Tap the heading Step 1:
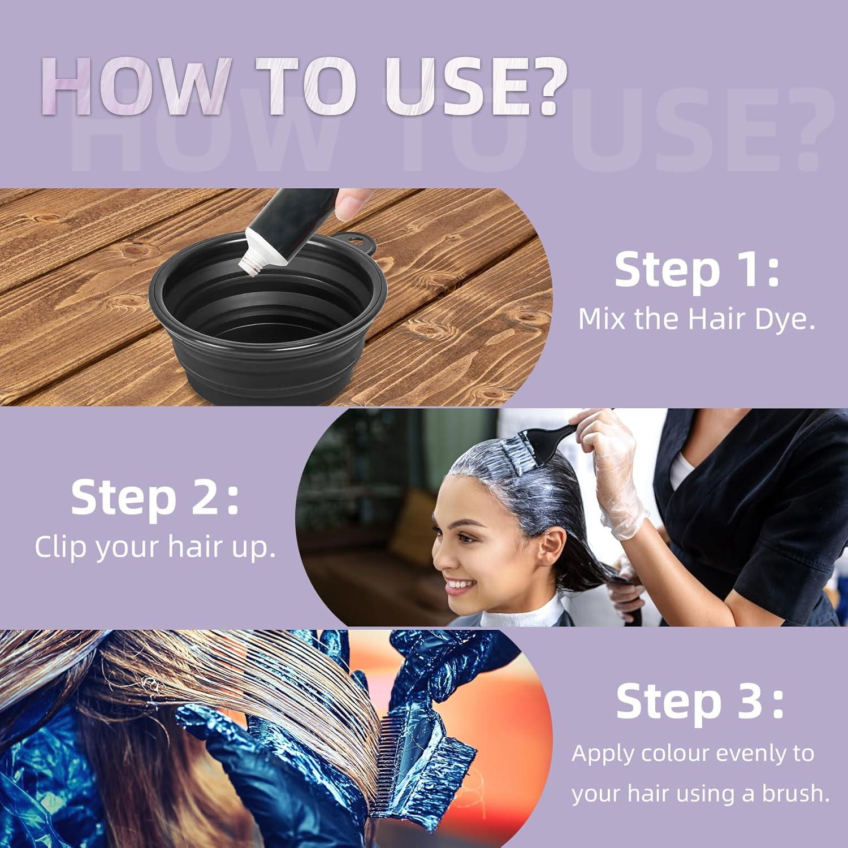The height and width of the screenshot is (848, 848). point(696,270)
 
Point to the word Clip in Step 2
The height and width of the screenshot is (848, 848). point(59,547)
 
